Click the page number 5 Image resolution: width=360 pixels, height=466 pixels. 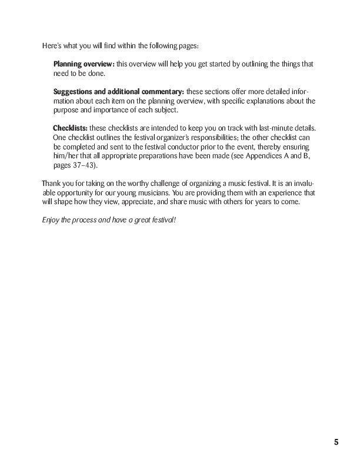336,442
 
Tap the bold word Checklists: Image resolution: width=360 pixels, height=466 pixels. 70,128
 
